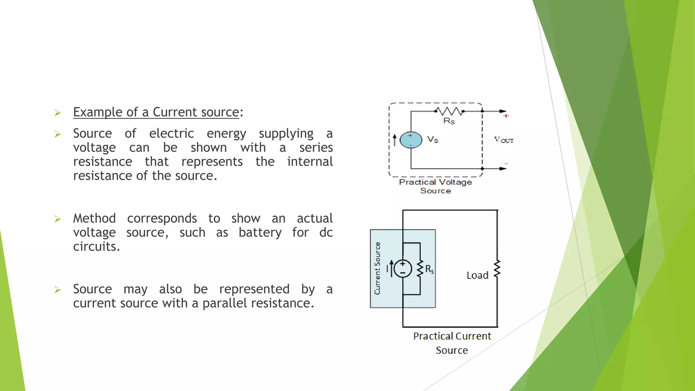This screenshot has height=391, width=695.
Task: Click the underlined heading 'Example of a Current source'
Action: (x=156, y=112)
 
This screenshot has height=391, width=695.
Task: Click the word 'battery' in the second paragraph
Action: (x=260, y=232)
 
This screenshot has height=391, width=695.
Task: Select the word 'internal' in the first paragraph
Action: (x=309, y=162)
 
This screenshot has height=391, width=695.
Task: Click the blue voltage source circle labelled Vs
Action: (x=411, y=140)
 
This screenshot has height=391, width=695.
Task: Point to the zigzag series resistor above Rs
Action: (x=449, y=111)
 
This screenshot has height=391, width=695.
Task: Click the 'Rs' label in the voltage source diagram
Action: (x=449, y=121)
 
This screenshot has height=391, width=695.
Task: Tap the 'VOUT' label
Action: (x=504, y=140)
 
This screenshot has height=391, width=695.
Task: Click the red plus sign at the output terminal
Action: (x=506, y=116)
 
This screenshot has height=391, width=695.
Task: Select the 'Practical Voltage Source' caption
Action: (x=435, y=186)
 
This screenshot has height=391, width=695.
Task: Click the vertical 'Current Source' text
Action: (x=377, y=268)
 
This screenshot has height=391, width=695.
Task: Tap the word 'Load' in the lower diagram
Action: (x=477, y=275)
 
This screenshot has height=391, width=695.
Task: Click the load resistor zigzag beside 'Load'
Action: (x=497, y=269)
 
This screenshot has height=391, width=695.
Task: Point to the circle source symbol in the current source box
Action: (x=403, y=269)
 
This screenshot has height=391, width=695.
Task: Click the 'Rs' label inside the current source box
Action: (x=429, y=269)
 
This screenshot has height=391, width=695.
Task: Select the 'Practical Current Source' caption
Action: (x=452, y=343)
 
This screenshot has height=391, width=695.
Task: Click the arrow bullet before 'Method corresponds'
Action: (x=58, y=219)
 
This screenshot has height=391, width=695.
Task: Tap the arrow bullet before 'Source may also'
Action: (x=58, y=290)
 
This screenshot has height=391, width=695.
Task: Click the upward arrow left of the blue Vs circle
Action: (x=394, y=140)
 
